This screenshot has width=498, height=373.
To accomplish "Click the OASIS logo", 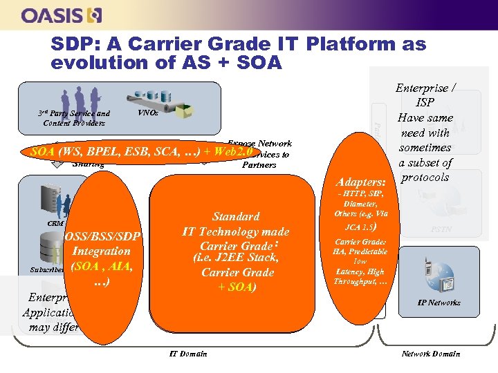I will click(x=62, y=15).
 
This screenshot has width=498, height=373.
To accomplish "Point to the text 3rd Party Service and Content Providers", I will click(x=73, y=118).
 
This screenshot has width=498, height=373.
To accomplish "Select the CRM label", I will click(x=56, y=223).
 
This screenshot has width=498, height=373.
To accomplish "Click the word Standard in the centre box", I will click(x=236, y=216).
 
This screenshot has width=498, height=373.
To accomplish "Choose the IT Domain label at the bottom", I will click(x=187, y=354).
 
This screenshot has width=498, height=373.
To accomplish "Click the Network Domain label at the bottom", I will click(x=431, y=354).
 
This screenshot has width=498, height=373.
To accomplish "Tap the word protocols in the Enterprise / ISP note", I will click(x=425, y=178).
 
